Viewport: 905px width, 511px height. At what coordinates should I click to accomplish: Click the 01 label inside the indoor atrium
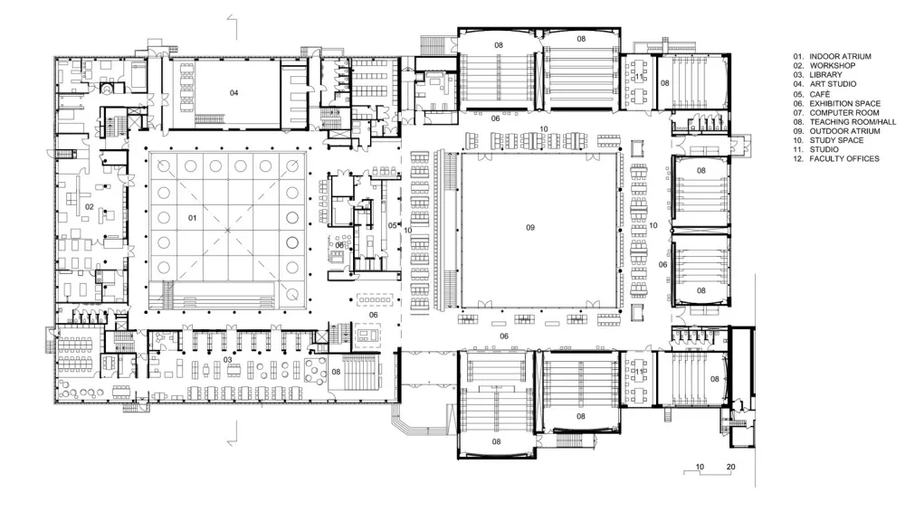pos(192,218)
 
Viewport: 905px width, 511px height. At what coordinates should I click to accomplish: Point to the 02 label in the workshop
pos(90,207)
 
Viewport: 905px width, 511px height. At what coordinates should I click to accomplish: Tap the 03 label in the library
pos(227,360)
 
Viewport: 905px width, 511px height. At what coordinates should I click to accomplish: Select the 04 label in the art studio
pos(233,93)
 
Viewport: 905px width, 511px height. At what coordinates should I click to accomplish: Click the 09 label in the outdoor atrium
pos(531,228)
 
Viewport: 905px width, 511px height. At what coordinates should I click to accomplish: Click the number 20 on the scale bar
pos(731,467)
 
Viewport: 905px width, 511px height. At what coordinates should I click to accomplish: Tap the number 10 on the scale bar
pos(699,467)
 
